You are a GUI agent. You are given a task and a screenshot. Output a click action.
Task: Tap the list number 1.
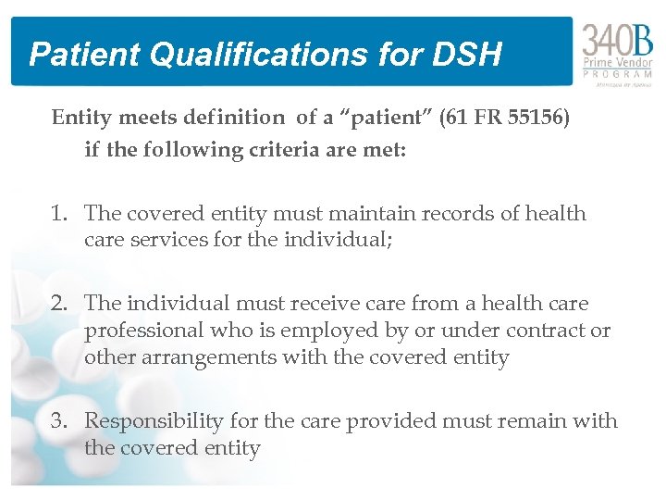[x=60, y=214]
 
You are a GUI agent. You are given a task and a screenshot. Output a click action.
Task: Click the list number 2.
[x=60, y=304]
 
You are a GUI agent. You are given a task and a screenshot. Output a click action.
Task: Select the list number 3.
[x=60, y=421]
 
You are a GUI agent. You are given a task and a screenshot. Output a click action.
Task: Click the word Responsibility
[x=154, y=421]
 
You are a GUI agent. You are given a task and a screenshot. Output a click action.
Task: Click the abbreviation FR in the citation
[x=489, y=118]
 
